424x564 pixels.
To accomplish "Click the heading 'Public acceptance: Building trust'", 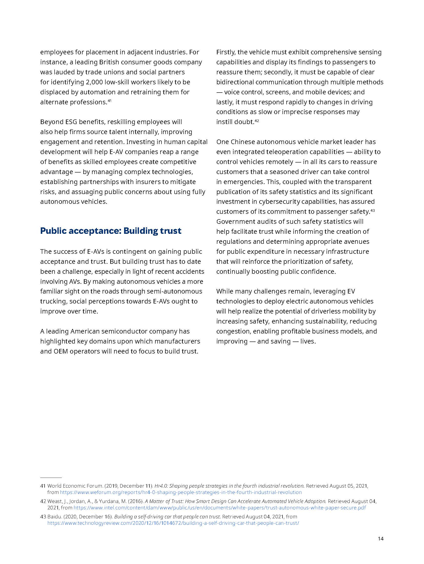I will [x=110, y=231].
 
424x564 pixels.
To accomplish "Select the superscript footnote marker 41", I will [x=109, y=101].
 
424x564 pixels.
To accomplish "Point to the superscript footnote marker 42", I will [x=257, y=121].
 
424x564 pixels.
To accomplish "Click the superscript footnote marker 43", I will [x=373, y=210].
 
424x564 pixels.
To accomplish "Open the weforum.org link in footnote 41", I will [x=181, y=492].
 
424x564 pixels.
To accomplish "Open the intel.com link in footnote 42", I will [x=220, y=508].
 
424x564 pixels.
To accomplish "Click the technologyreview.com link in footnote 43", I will [x=173, y=523].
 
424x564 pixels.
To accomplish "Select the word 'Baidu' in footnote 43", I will [x=54, y=517].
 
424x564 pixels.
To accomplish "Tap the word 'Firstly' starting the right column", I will [x=226, y=52].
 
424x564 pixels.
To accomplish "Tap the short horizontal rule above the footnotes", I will [x=51, y=478].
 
